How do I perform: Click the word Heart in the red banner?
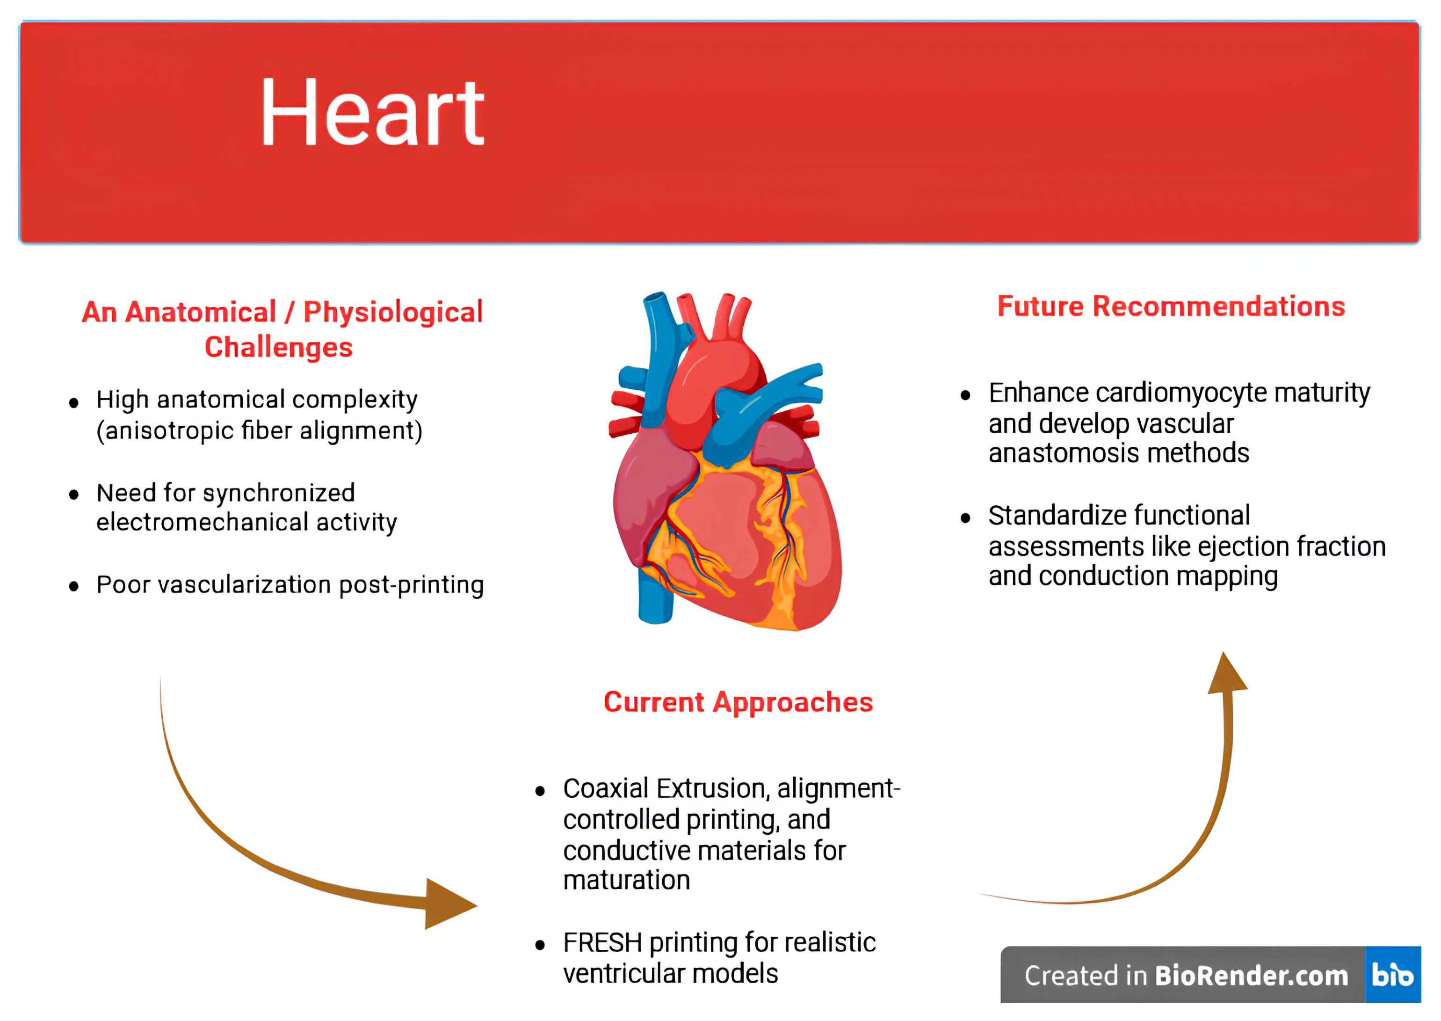tap(372, 113)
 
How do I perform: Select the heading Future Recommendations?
tap(1171, 307)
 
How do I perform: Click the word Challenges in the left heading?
tap(278, 348)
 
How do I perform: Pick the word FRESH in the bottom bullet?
tap(602, 943)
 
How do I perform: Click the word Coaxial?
tap(605, 789)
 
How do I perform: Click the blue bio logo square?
tap(1393, 975)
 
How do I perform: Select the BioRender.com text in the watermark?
tap(1251, 976)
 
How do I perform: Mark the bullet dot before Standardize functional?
tap(966, 518)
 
